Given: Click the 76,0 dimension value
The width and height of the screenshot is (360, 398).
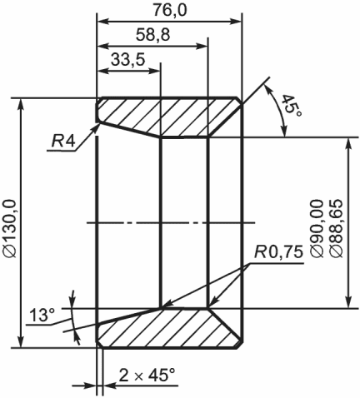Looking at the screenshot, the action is click(170, 10).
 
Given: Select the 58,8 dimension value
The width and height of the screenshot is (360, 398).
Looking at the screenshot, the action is click(152, 35).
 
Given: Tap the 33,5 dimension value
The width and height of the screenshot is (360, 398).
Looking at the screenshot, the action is click(128, 59).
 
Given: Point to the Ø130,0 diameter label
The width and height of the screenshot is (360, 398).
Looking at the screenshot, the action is click(10, 228).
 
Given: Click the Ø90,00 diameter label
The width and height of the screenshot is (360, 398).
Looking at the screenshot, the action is click(317, 228).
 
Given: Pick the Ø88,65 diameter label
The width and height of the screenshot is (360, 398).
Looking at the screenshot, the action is click(336, 228).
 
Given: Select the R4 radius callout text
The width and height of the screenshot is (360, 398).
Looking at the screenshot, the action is click(63, 142).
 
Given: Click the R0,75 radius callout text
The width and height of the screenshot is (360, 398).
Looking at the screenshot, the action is click(278, 252).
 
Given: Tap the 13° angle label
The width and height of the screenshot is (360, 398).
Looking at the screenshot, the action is click(42, 315).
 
